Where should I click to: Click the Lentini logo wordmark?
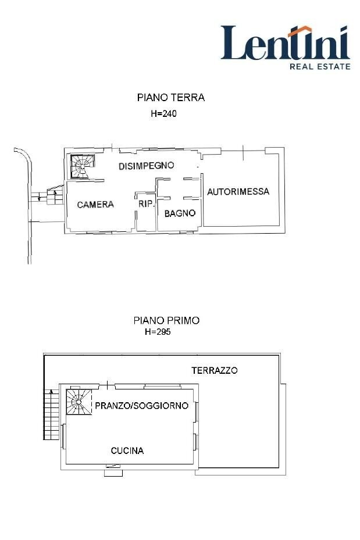pyautogui.click(x=284, y=44)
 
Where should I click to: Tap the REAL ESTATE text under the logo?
pyautogui.click(x=320, y=66)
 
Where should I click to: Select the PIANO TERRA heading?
pyautogui.click(x=170, y=98)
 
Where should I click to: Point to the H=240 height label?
pyautogui.click(x=163, y=115)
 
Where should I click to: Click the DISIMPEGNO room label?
pyautogui.click(x=147, y=166)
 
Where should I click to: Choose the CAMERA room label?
pyautogui.click(x=95, y=205)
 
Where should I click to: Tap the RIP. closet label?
pyautogui.click(x=146, y=205)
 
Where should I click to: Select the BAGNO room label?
pyautogui.click(x=180, y=213)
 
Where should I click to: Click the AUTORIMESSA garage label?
pyautogui.click(x=238, y=191)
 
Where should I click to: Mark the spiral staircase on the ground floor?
pyautogui.click(x=80, y=166)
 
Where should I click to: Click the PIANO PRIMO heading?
pyautogui.click(x=166, y=320)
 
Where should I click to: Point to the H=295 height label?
pyautogui.click(x=158, y=332)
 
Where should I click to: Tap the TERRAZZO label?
pyautogui.click(x=215, y=370)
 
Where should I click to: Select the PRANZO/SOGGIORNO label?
pyautogui.click(x=141, y=406)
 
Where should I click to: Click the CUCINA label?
pyautogui.click(x=127, y=450)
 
